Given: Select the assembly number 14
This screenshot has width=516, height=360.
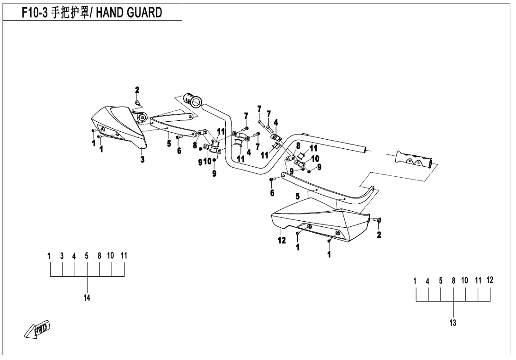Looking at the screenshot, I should pyautogui.click(x=87, y=297).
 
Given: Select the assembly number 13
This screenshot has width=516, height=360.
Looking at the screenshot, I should pyautogui.click(x=453, y=323).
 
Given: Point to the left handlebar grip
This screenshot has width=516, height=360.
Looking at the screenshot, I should pyautogui.click(x=194, y=100).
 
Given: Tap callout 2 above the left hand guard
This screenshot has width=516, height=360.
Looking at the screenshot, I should pyautogui.click(x=137, y=90).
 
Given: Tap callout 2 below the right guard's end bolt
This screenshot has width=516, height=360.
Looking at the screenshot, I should pyautogui.click(x=379, y=235).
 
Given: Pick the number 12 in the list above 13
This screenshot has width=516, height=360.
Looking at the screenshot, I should pyautogui.click(x=489, y=280).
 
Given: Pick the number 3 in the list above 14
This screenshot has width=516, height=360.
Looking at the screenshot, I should pyautogui.click(x=62, y=256).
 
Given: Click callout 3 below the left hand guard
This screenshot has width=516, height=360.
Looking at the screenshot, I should pyautogui.click(x=142, y=160).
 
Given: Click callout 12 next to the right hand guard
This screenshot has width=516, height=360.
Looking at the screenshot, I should pyautogui.click(x=282, y=240).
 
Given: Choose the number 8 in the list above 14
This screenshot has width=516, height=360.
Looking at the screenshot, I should pyautogui.click(x=99, y=256).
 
